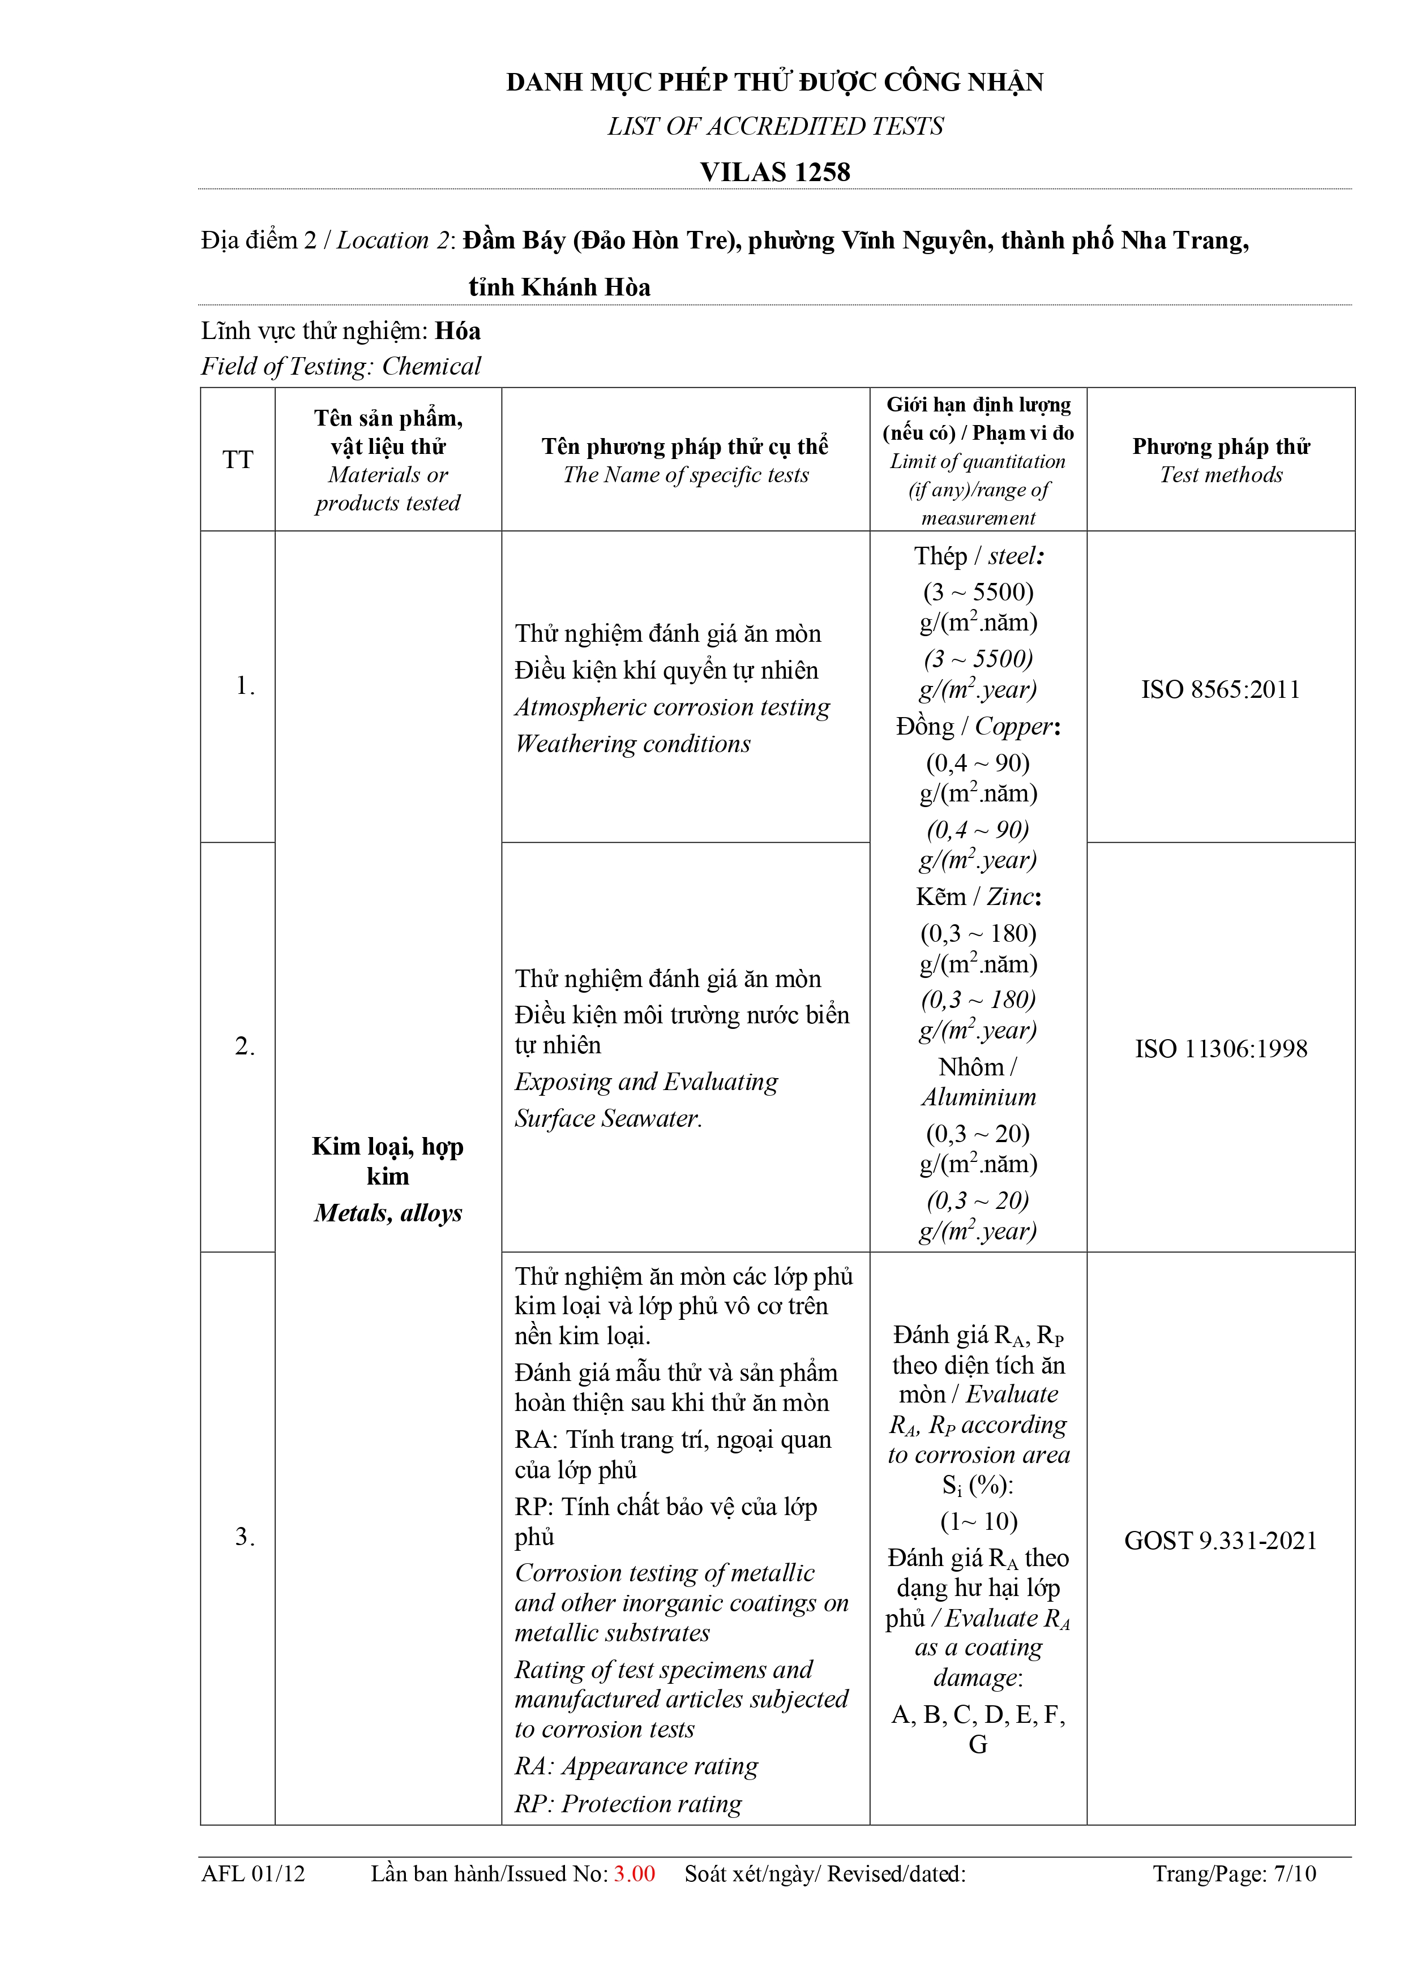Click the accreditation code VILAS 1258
(774, 172)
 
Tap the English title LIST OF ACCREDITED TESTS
(774, 126)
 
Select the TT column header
(238, 460)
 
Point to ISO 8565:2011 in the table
(1220, 689)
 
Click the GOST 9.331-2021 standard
(1220, 1541)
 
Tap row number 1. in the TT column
(245, 686)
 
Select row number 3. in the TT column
(245, 1537)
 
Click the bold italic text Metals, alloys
(388, 1213)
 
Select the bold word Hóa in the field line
(457, 331)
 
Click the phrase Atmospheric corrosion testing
(672, 707)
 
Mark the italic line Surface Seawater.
(608, 1118)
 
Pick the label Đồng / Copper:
(978, 727)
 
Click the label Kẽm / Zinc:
(978, 897)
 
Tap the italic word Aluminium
(978, 1097)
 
